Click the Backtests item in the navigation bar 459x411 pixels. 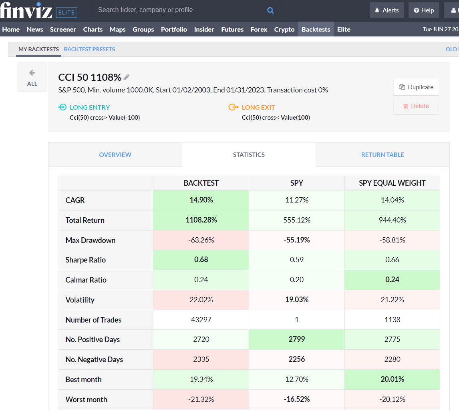[x=316, y=29]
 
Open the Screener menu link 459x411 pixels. [x=63, y=29]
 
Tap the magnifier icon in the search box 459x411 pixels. [x=270, y=10]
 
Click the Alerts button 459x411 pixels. [x=387, y=10]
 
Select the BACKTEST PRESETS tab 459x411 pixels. [x=89, y=49]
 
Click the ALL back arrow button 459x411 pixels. [x=32, y=77]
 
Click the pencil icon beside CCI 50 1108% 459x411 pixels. [x=127, y=77]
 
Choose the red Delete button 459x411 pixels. [x=416, y=106]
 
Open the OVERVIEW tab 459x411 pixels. [x=115, y=154]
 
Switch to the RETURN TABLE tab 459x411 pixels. [x=382, y=154]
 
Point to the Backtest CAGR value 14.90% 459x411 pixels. [x=201, y=200]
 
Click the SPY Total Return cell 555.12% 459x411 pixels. [x=296, y=220]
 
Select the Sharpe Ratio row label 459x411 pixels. [x=86, y=260]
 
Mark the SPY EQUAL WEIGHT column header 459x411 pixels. [x=392, y=183]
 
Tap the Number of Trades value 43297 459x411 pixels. [x=201, y=320]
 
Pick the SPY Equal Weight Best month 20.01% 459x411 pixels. [x=392, y=379]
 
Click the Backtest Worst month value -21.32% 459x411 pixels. [x=201, y=399]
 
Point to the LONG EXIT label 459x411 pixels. [x=258, y=107]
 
